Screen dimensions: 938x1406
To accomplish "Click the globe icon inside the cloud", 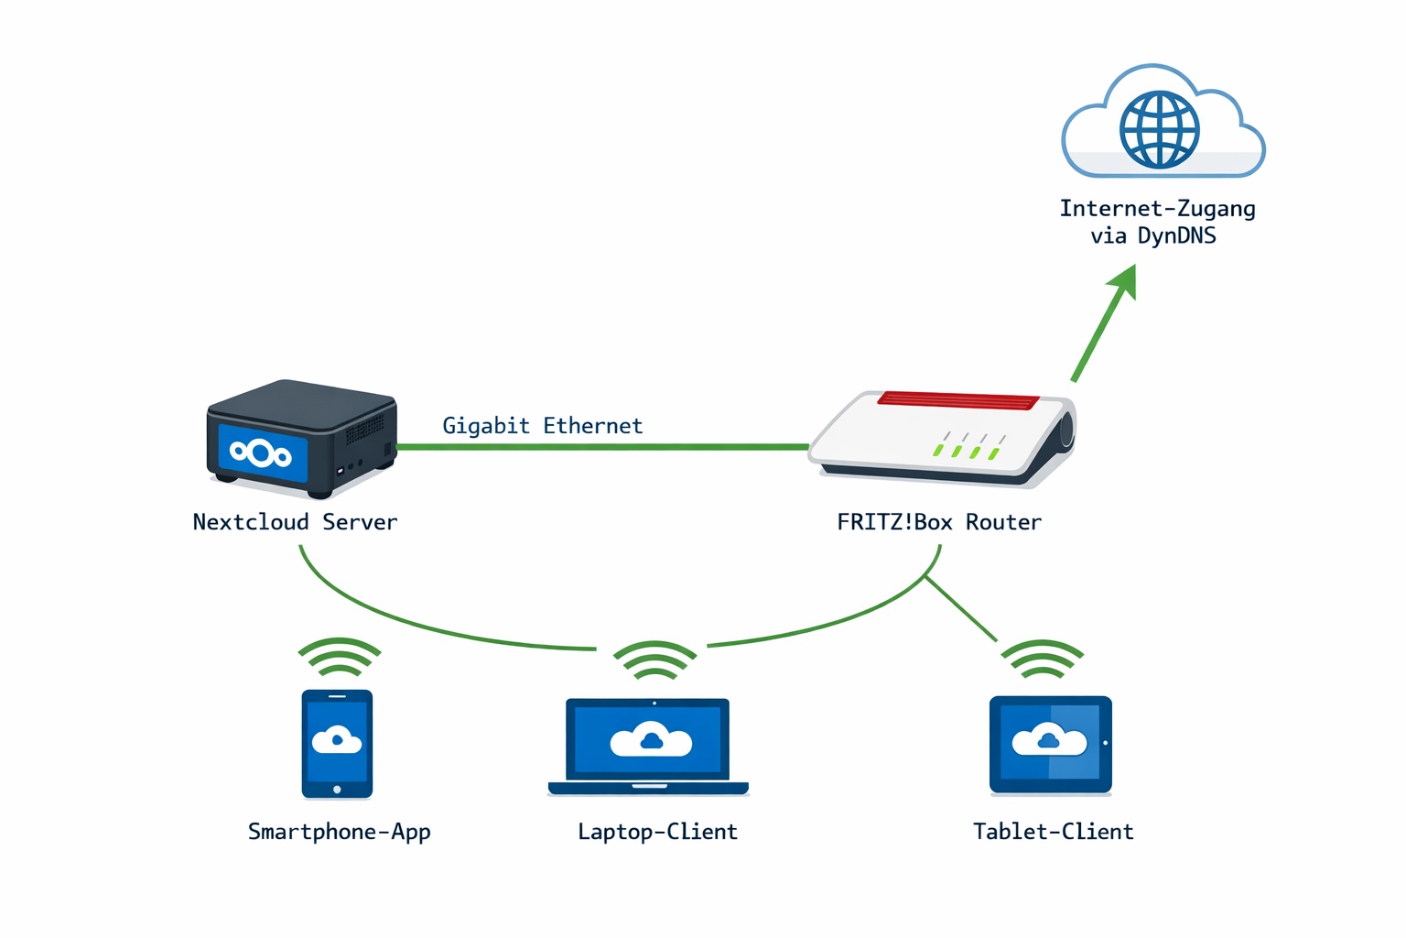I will pyautogui.click(x=1159, y=129).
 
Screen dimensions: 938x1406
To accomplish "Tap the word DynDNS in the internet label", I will pyautogui.click(x=1176, y=236).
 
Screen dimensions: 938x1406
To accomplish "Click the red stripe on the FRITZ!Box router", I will pyautogui.click(x=957, y=400).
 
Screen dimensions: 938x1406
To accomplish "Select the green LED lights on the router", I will pyautogui.click(x=965, y=452).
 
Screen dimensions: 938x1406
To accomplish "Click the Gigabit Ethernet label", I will pyautogui.click(x=542, y=426).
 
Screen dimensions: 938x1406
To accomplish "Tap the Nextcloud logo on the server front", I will pyautogui.click(x=261, y=453).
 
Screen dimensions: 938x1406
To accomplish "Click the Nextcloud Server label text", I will pyautogui.click(x=295, y=522).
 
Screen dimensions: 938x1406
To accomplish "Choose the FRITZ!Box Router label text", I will pyautogui.click(x=939, y=522).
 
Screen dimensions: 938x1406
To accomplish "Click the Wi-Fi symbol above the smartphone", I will pyautogui.click(x=339, y=658).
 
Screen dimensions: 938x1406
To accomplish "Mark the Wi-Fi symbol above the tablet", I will pyautogui.click(x=1042, y=660).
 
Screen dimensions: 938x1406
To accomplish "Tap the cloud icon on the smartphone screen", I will pyautogui.click(x=337, y=738).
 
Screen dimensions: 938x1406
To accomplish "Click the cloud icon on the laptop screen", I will pyautogui.click(x=651, y=739).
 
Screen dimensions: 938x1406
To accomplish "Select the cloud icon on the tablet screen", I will pyautogui.click(x=1049, y=739).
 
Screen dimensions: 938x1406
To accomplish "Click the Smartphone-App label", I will pyautogui.click(x=339, y=832).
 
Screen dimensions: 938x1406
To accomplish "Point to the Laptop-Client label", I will pyautogui.click(x=657, y=832).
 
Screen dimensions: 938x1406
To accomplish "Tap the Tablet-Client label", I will pyautogui.click(x=1053, y=832).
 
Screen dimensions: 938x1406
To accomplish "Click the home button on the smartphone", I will pyautogui.click(x=337, y=789).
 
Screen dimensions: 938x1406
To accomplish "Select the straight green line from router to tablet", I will pyautogui.click(x=961, y=609).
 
